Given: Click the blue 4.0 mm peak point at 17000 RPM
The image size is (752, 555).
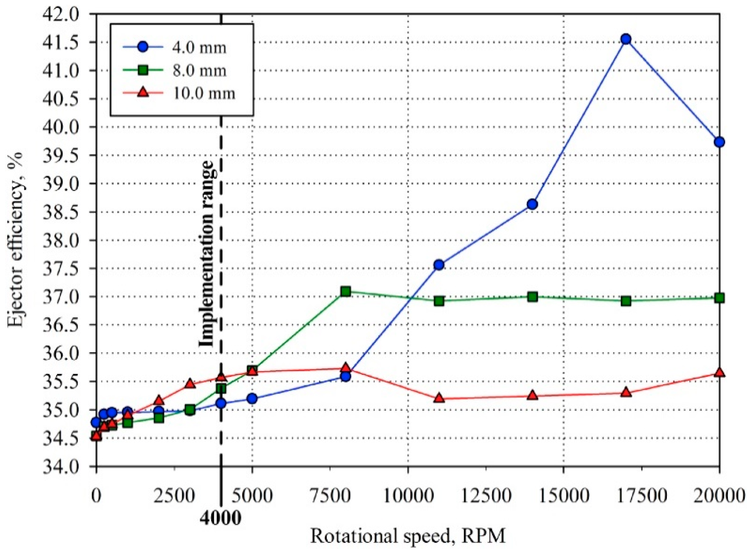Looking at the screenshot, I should point(626,39).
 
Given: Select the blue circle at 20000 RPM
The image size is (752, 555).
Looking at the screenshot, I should point(719,142).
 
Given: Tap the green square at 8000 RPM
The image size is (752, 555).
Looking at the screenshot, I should point(346,291).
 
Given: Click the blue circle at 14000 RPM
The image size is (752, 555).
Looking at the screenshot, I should point(532,204).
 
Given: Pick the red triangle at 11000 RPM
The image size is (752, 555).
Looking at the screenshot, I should point(439,398).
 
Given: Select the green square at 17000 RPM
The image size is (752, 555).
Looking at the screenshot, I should point(626,301).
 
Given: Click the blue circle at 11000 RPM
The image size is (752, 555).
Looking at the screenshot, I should point(439,265).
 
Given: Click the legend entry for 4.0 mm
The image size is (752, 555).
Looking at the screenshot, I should point(199,48).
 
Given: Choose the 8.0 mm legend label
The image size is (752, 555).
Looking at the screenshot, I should point(199,71).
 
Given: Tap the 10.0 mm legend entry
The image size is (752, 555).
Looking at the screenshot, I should point(204,93).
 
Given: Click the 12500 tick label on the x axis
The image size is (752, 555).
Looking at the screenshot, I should point(486,496).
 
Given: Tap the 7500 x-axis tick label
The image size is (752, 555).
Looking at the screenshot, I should point(330,496).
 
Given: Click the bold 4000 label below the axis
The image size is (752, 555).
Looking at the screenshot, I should point(221,517).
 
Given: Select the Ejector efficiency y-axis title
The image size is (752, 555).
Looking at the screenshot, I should point(15,240).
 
